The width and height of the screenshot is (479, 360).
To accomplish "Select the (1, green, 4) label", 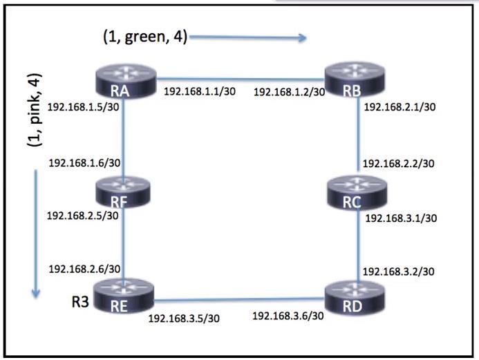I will point(144,37).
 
